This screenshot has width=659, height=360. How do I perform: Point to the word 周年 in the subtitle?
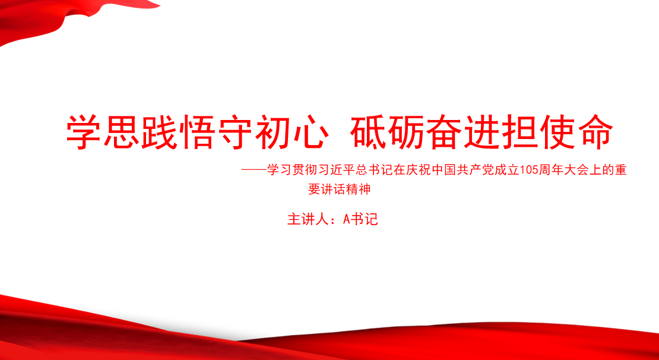tap(549, 170)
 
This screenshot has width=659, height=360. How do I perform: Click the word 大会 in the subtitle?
tap(575, 170)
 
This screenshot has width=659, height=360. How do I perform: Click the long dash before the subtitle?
tap(254, 170)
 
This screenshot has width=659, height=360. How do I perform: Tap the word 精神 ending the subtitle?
tap(359, 190)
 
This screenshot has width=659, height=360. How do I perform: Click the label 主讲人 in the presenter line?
tap(305, 220)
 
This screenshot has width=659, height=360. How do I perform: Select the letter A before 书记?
tap(347, 220)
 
